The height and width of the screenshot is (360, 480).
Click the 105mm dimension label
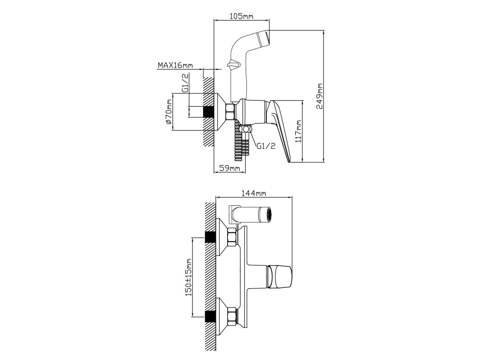(x=242, y=16)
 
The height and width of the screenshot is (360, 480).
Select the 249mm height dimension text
(x=320, y=96)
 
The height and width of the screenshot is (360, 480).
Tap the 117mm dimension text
(x=298, y=131)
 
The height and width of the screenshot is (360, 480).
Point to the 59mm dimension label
(x=230, y=168)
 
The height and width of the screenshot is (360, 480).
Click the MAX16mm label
(x=175, y=65)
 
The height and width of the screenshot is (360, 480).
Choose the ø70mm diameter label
(x=169, y=112)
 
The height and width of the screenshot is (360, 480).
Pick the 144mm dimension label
(x=254, y=193)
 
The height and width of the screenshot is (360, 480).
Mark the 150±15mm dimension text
(x=188, y=277)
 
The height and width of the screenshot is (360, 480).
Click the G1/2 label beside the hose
(x=266, y=146)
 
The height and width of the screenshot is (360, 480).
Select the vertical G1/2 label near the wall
(x=185, y=83)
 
